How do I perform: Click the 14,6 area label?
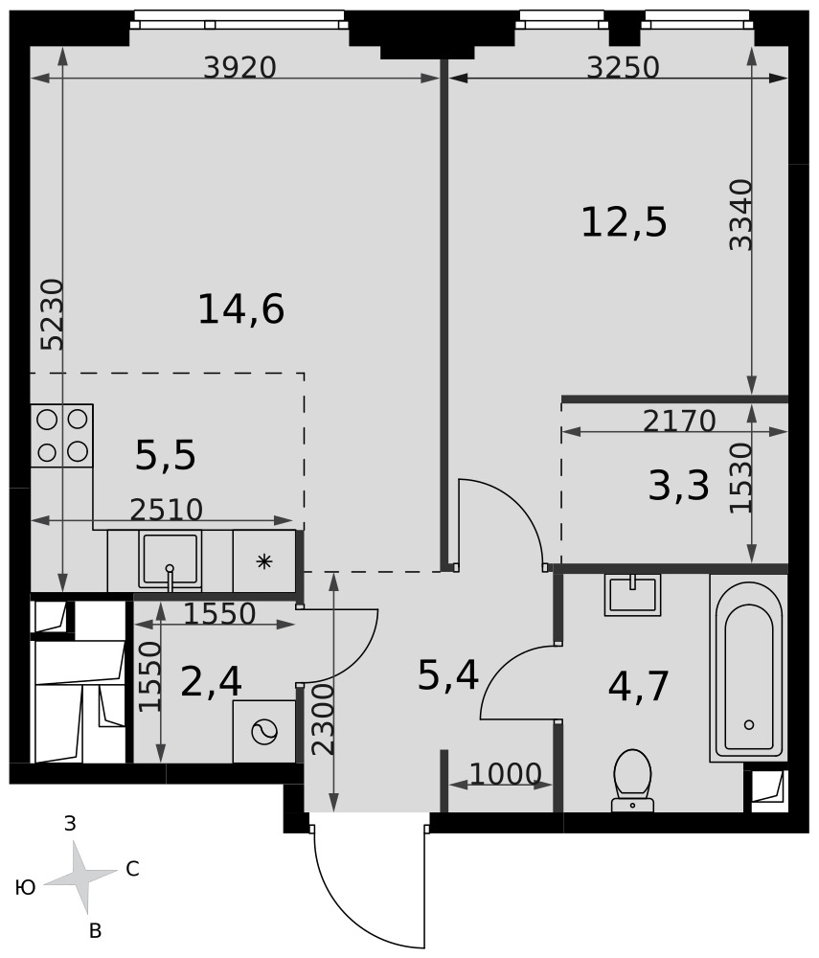(241, 309)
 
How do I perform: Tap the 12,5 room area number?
(624, 222)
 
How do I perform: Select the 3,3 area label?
(678, 487)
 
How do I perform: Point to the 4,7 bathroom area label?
(639, 686)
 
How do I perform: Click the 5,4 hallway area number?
(447, 675)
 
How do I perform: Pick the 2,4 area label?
(212, 682)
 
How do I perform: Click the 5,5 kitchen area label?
(165, 456)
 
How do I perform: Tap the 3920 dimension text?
(240, 67)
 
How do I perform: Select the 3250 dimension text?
(623, 67)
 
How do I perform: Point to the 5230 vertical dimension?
(52, 314)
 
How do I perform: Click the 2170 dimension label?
(679, 421)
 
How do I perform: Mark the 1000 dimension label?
(506, 774)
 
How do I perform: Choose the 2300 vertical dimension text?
(323, 719)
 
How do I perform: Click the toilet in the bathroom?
(632, 782)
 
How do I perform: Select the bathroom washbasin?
(633, 595)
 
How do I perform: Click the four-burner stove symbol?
(61, 436)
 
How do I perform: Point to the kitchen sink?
(170, 560)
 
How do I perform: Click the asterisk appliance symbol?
(263, 561)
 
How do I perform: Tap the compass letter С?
(132, 869)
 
